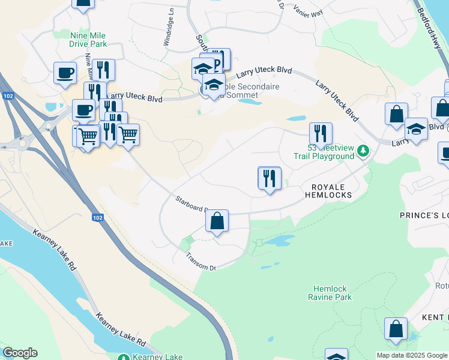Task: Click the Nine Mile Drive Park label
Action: [88, 40]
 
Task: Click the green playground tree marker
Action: [363, 150]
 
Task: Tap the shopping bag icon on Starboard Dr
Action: [217, 221]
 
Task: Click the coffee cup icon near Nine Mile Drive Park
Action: [65, 73]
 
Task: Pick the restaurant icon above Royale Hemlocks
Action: [270, 178]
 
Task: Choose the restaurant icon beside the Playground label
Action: [321, 134]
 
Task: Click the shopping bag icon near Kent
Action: [396, 329]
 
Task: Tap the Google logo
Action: [20, 353]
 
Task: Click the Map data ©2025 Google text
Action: [412, 355]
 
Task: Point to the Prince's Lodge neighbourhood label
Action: [424, 215]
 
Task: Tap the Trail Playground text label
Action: [324, 156]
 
